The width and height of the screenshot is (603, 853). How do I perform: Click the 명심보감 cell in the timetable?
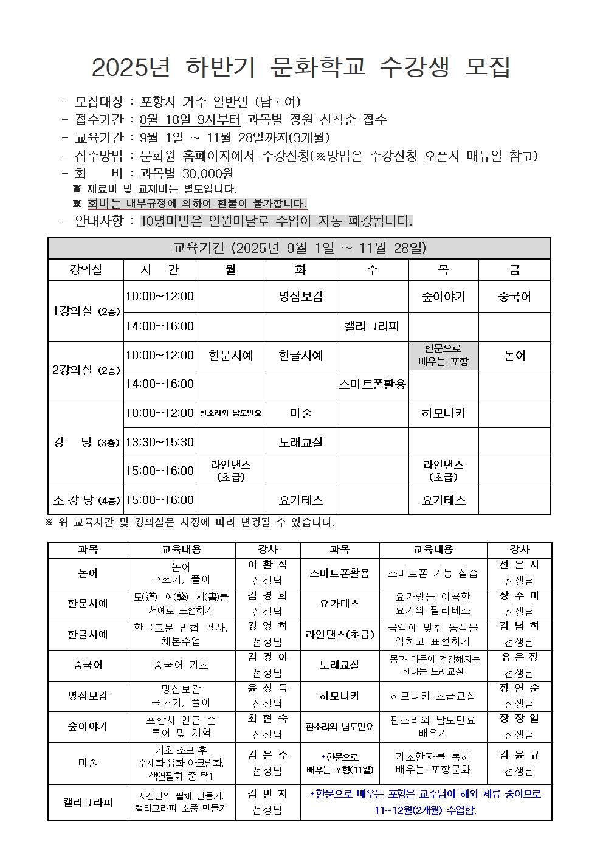(301, 297)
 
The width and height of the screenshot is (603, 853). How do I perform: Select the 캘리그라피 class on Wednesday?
(372, 326)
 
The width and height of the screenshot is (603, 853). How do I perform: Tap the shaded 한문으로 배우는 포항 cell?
(443, 355)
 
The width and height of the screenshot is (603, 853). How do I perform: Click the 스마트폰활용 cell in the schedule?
(372, 384)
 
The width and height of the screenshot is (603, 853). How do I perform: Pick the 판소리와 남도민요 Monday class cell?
(231, 413)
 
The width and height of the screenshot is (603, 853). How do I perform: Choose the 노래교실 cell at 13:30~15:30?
(301, 443)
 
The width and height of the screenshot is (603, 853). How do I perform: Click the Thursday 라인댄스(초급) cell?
(443, 471)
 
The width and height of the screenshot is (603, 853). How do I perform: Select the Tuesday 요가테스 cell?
(301, 500)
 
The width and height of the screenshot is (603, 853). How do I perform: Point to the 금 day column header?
(514, 270)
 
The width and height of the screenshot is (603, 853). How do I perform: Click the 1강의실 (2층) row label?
(86, 311)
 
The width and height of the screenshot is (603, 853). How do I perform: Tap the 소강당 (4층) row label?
(86, 500)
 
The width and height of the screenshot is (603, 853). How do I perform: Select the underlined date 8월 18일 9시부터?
(190, 120)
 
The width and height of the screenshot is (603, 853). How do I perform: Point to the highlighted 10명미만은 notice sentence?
(276, 221)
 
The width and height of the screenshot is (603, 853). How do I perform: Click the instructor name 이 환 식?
(267, 565)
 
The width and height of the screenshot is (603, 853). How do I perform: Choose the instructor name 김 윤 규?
(519, 755)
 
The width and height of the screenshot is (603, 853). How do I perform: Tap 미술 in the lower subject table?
(88, 762)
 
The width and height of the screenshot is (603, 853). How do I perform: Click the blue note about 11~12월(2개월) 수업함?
(426, 810)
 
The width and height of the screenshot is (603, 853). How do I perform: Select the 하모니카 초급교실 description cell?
(433, 696)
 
